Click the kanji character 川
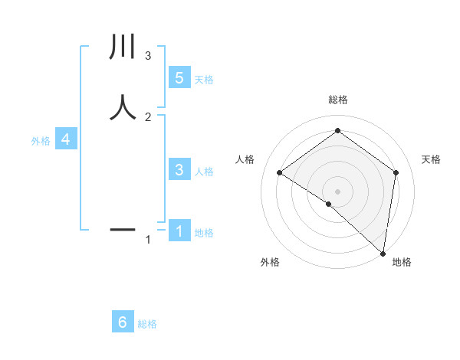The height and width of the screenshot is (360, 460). pyautogui.click(x=123, y=47)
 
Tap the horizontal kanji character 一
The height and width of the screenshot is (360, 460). pyautogui.click(x=123, y=228)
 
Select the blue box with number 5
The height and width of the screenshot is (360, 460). pyautogui.click(x=179, y=77)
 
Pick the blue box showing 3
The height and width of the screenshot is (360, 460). pyautogui.click(x=179, y=170)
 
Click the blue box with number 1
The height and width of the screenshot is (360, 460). pyautogui.click(x=179, y=230)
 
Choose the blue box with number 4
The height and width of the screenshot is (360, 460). pyautogui.click(x=66, y=139)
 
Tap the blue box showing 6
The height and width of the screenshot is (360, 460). pyautogui.click(x=123, y=322)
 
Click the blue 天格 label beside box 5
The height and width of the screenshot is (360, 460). pyautogui.click(x=204, y=79)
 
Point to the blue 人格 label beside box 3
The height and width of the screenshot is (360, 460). pyautogui.click(x=204, y=172)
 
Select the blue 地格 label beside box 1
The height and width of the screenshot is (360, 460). pyautogui.click(x=204, y=233)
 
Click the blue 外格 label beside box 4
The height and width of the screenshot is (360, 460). pyautogui.click(x=41, y=141)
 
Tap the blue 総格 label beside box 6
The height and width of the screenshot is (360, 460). pyautogui.click(x=147, y=324)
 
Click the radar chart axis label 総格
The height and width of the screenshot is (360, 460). pyautogui.click(x=338, y=100)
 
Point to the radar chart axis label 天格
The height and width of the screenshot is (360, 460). pyautogui.click(x=431, y=159)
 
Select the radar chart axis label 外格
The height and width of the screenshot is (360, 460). pyautogui.click(x=270, y=262)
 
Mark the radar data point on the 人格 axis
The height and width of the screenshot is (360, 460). pyautogui.click(x=280, y=172)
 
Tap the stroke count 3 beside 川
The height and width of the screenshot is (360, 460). pyautogui.click(x=148, y=55)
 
